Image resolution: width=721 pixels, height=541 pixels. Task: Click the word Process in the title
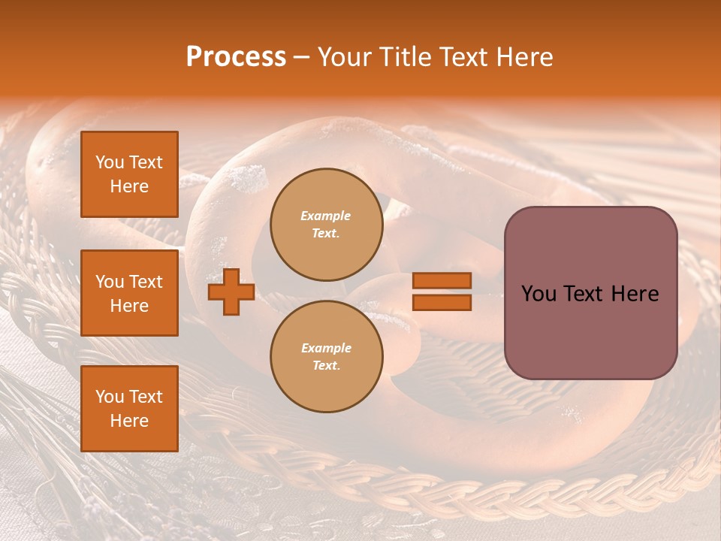236,57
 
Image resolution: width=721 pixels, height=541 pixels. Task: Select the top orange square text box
129,174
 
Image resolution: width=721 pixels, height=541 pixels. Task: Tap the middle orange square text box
129,293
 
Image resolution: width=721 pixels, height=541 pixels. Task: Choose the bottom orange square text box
129,409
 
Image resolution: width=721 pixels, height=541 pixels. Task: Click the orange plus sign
231,292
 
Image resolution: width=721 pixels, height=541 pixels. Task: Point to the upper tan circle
326,225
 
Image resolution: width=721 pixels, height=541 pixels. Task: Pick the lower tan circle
326,357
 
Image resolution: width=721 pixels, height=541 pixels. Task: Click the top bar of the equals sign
442,280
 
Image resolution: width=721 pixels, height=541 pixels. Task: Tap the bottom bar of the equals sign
442,302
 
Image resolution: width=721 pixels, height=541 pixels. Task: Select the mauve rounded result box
590,293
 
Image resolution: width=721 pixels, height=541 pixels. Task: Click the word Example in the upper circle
326,216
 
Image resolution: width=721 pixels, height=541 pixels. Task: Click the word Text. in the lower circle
326,366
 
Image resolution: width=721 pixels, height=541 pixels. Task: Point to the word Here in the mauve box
635,294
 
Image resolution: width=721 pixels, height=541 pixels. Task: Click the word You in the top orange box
110,162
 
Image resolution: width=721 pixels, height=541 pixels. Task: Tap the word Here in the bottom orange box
129,421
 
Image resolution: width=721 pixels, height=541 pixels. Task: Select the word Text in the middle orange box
146,282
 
